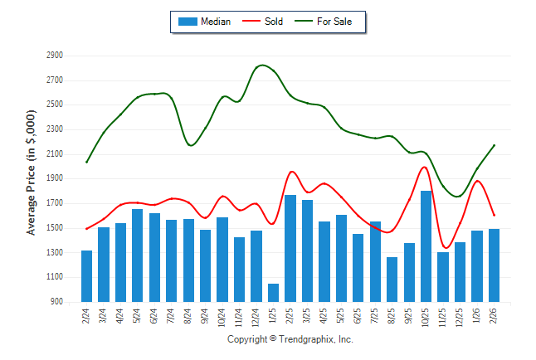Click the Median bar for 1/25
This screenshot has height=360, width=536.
(273, 293)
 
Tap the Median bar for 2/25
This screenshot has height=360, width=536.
(290, 248)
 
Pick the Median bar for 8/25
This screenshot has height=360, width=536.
(392, 280)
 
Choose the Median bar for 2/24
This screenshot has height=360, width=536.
(86, 276)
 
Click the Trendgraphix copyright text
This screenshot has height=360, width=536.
(290, 340)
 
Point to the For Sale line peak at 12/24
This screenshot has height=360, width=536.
(262, 65)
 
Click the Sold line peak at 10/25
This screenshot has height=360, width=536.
(425, 167)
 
